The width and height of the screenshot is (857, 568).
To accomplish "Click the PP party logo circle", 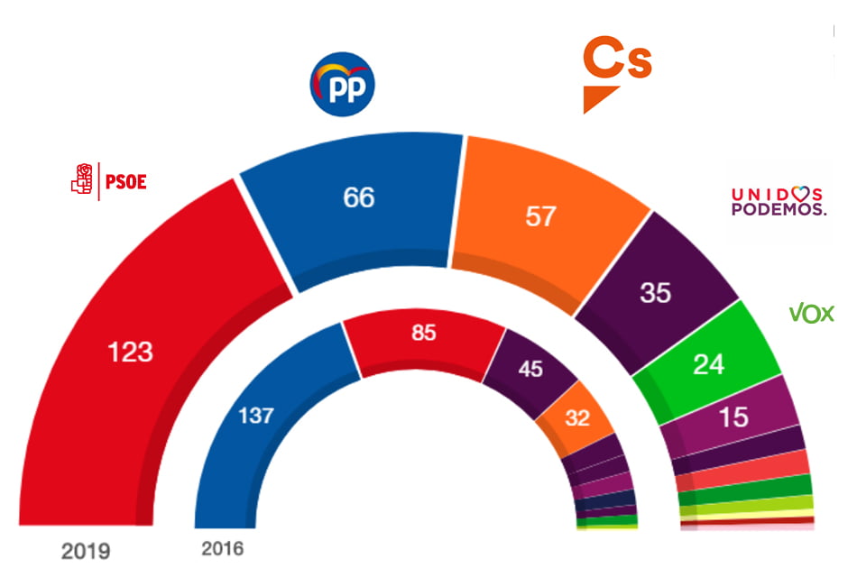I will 342,85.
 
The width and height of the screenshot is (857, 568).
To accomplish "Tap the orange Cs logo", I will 618,64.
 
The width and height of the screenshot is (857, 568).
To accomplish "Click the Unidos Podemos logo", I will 778,201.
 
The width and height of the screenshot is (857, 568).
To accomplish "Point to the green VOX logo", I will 811,313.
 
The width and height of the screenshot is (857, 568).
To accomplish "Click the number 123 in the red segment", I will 130,352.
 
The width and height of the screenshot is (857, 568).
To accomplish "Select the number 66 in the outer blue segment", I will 359,197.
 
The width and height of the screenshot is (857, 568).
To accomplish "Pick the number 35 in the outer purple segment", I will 655,293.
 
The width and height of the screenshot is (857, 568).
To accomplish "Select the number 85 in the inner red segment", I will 423,333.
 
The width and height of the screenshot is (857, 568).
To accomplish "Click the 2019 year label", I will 85,549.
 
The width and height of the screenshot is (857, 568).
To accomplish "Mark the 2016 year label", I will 222,547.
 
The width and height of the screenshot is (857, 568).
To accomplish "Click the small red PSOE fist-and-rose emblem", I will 82,180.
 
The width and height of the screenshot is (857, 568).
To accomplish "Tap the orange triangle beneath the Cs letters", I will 600,99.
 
